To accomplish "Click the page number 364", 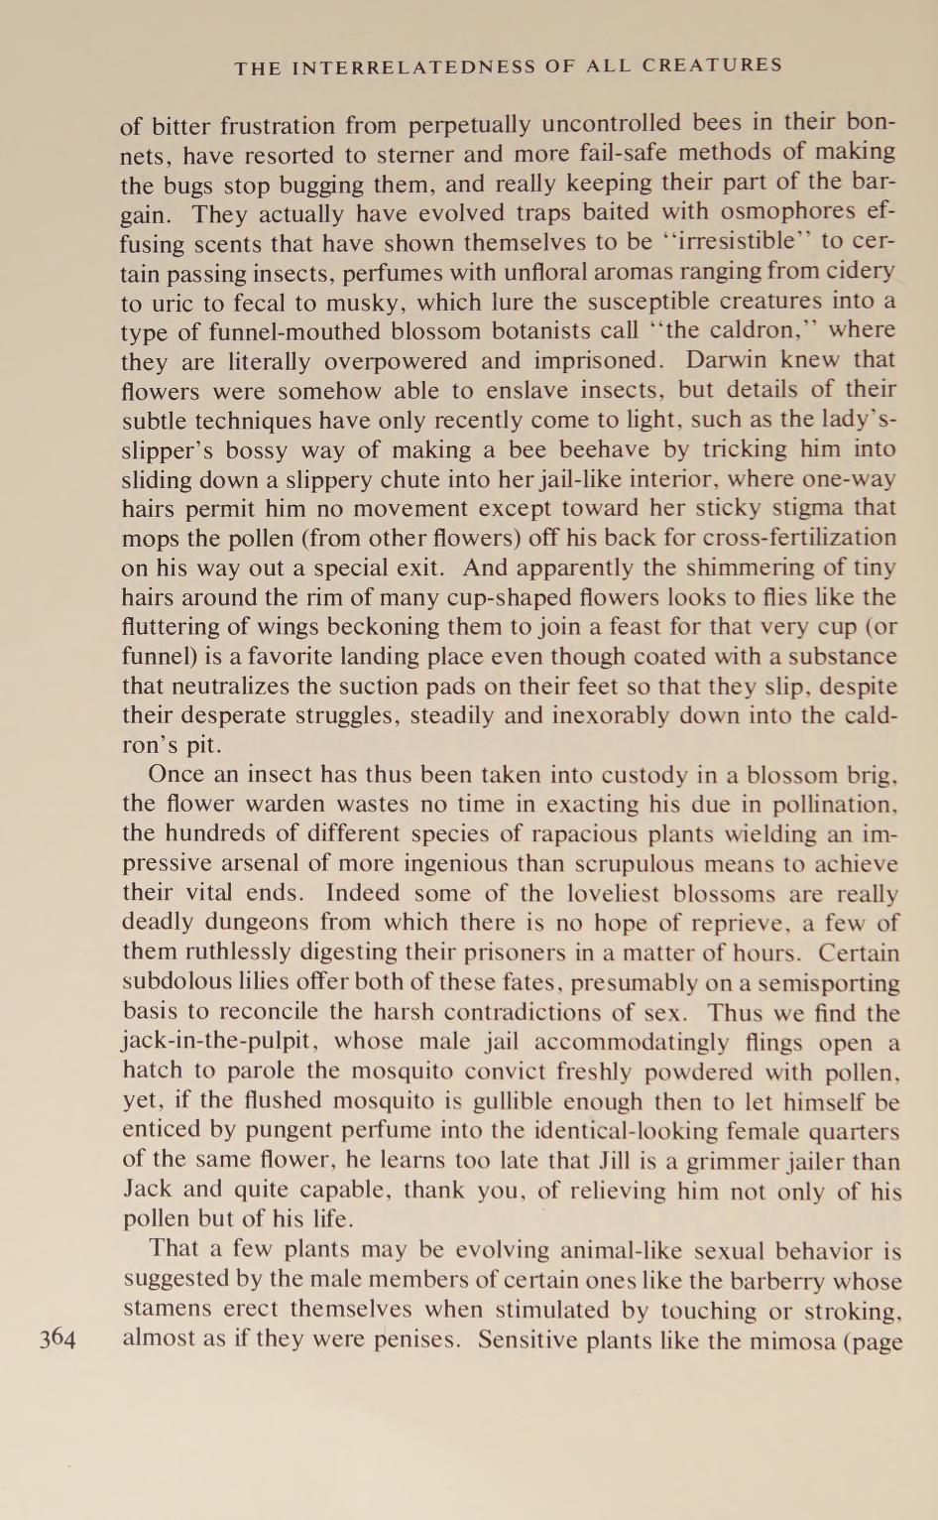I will point(58,1339).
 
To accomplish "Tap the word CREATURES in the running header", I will point(711,66).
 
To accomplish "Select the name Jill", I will point(623,1162).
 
